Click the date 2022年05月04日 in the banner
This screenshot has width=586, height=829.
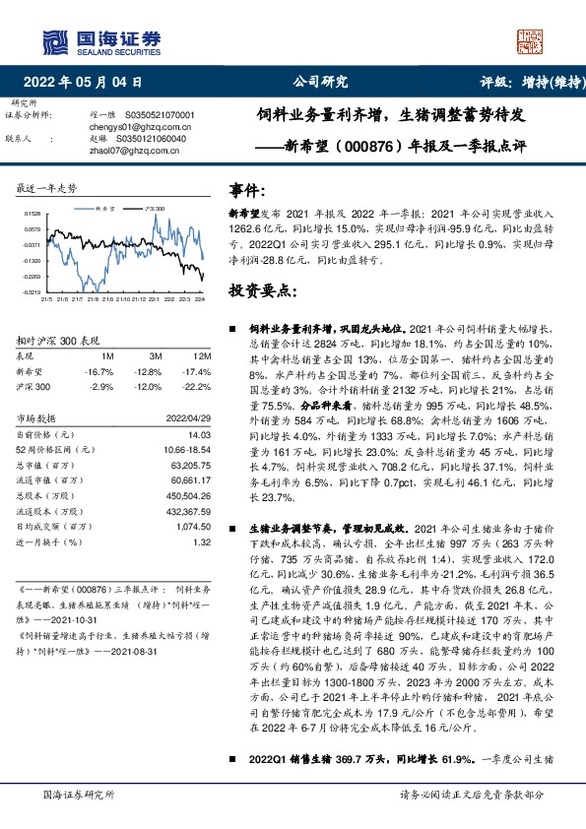(88, 84)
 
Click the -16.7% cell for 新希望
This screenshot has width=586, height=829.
(100, 372)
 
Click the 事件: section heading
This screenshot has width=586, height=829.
(246, 190)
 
